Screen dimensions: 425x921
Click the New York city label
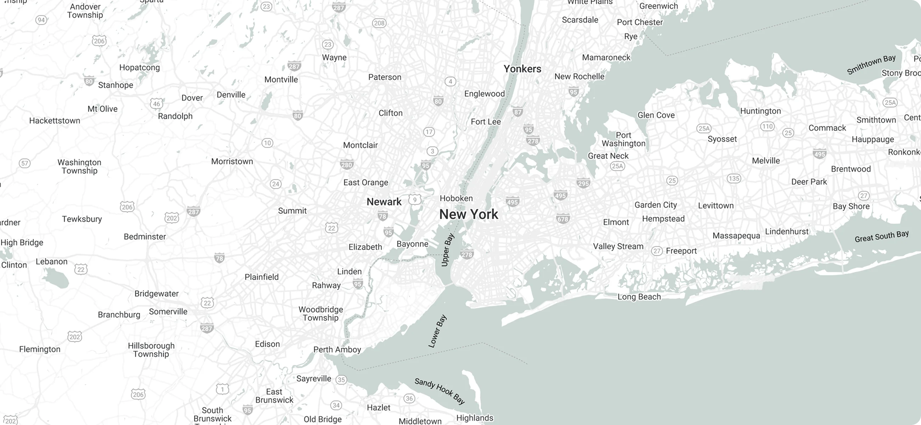[x=468, y=215]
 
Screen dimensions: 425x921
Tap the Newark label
[x=384, y=202]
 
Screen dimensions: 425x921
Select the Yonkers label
[x=522, y=69]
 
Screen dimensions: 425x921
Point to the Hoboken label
[x=456, y=198]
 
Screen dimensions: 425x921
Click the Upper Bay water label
[x=447, y=250]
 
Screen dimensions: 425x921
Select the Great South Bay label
[x=881, y=236]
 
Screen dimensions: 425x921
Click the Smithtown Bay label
[x=871, y=64]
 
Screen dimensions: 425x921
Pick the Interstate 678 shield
[x=563, y=219]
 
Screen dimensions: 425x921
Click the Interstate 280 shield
[x=346, y=165]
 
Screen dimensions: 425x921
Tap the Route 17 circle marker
[x=429, y=132]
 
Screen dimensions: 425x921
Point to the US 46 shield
[x=157, y=104]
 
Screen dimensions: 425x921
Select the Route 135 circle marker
[x=734, y=178]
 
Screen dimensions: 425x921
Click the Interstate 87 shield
[x=517, y=112]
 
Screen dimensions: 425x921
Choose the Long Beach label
[x=639, y=297]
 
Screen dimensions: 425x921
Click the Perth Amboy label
[x=337, y=350]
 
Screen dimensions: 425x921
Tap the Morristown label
[x=232, y=161]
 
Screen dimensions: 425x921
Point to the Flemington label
[x=40, y=349]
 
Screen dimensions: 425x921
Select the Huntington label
[x=761, y=111]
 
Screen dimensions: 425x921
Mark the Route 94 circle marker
[x=41, y=20]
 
